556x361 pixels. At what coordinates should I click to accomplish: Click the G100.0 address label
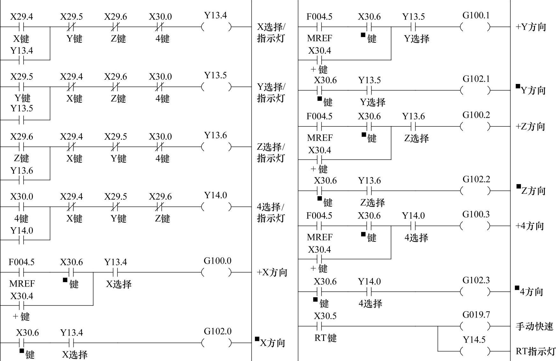[218, 261]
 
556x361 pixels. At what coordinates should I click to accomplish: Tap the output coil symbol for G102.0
[217, 343]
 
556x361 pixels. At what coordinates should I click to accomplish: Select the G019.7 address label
[476, 315]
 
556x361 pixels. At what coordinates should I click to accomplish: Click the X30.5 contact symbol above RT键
[319, 326]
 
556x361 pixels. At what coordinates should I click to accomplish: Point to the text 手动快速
[534, 326]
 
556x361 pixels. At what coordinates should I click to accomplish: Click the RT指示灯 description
[536, 351]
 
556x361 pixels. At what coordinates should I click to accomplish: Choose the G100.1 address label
[476, 15]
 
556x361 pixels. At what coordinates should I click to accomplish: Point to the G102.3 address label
[476, 280]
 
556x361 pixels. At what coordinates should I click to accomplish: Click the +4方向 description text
[530, 226]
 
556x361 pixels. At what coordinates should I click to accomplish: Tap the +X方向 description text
[272, 273]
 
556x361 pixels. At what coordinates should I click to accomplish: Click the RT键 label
[325, 338]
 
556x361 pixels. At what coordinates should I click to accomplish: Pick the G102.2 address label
[476, 179]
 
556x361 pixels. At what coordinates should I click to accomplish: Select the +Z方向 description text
[530, 127]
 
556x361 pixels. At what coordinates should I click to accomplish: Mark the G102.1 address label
[476, 79]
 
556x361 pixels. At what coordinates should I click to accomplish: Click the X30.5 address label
[325, 316]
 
